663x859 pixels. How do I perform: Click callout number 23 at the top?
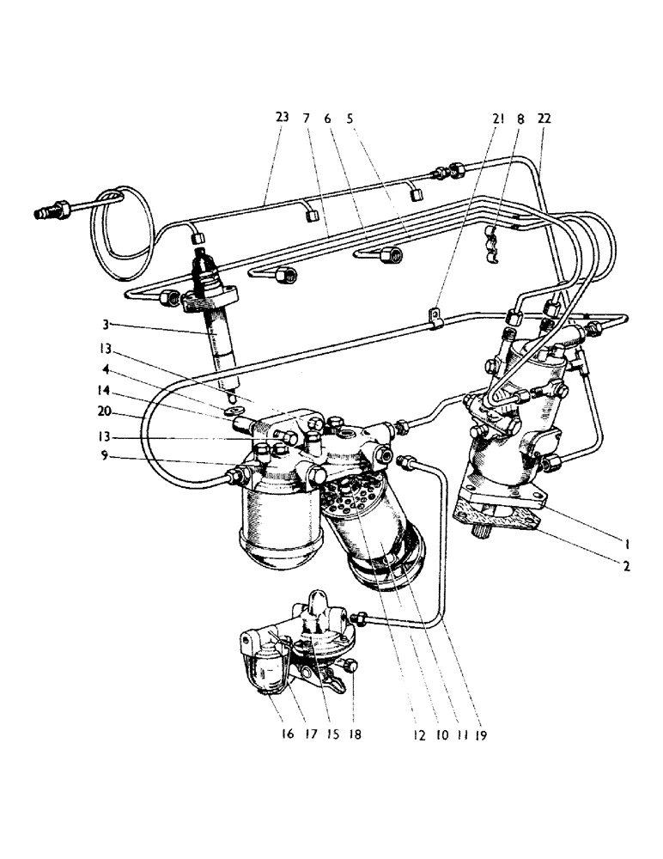[283, 119]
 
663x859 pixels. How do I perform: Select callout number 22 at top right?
[543, 119]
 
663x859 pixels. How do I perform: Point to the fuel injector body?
[217, 339]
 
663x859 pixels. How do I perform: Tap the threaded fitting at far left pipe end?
[50, 209]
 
